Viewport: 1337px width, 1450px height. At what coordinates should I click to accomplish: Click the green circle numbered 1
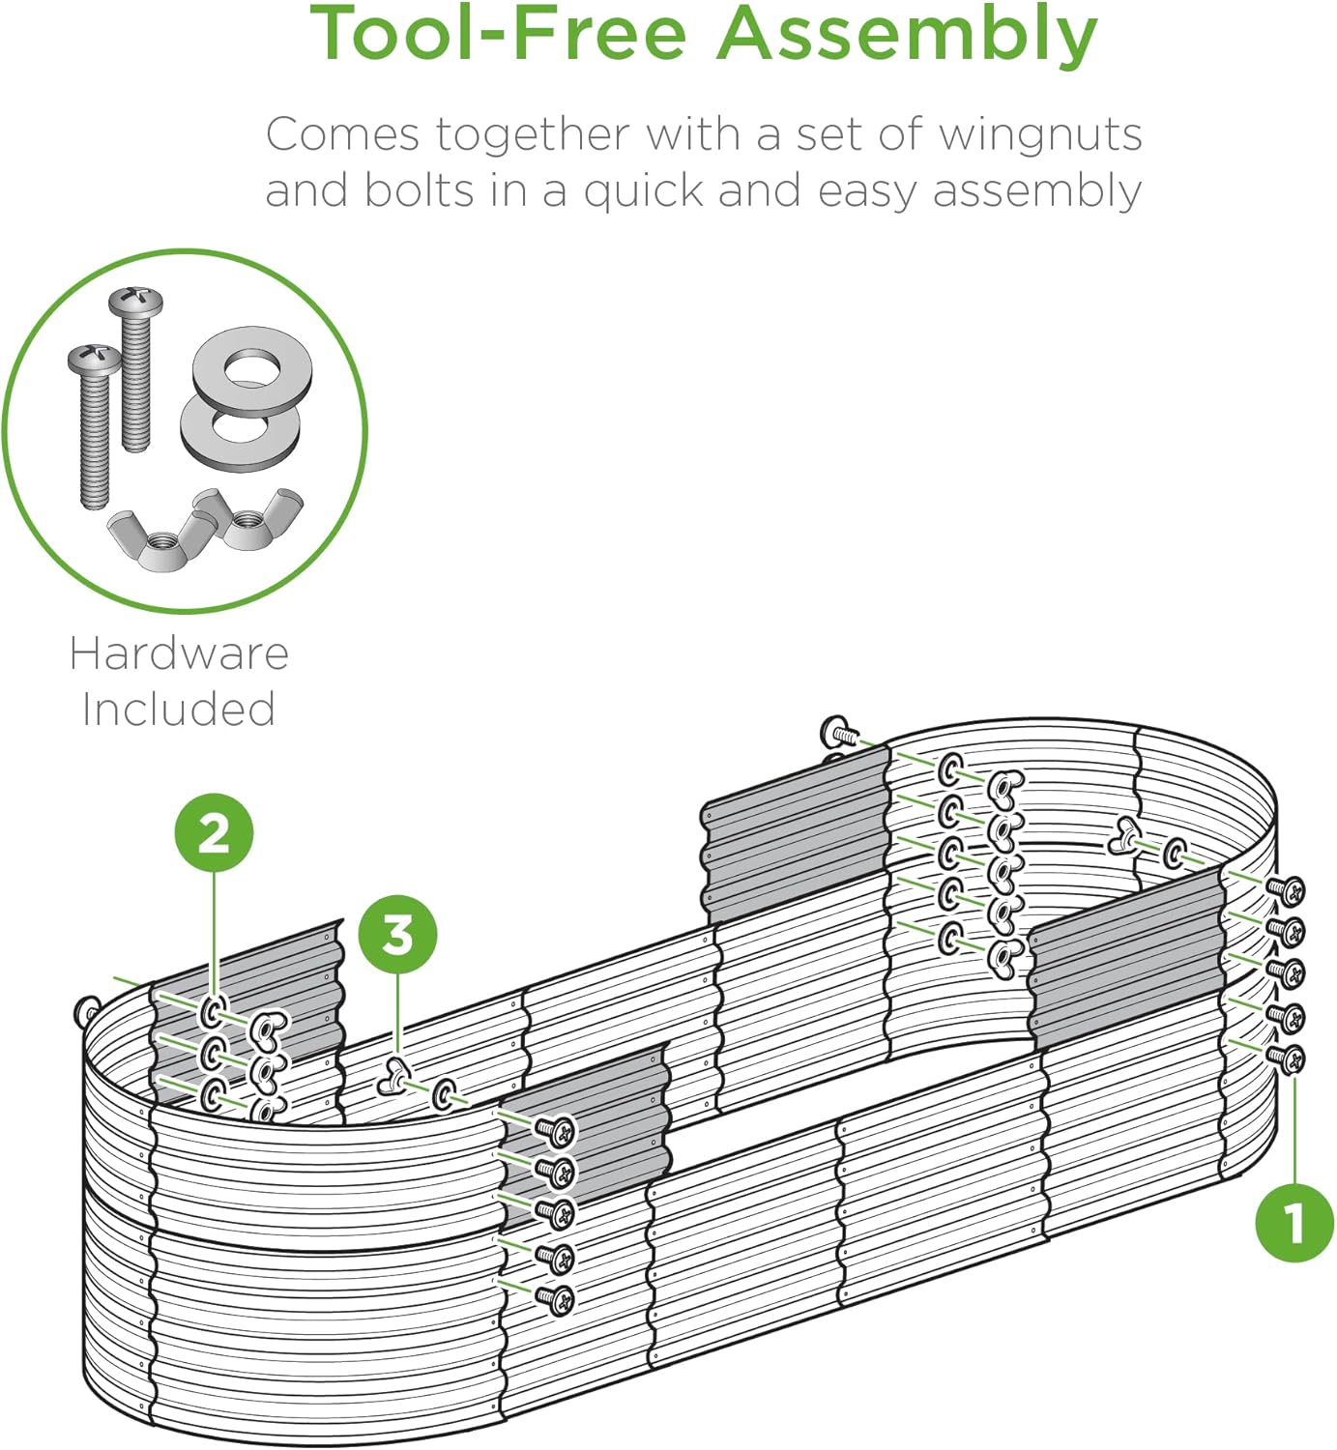(x=1294, y=1223)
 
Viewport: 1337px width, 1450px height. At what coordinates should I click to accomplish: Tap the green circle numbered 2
(x=214, y=832)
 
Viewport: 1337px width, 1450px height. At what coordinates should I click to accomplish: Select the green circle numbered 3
(x=397, y=935)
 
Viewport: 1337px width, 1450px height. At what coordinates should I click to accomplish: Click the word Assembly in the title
(x=907, y=35)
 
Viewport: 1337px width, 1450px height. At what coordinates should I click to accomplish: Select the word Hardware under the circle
(x=179, y=653)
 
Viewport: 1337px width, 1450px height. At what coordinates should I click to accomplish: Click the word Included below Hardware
(x=179, y=709)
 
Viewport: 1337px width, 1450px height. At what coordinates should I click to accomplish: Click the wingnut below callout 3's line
(x=394, y=1075)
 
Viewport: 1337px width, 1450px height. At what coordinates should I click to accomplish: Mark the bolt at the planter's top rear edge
(x=837, y=732)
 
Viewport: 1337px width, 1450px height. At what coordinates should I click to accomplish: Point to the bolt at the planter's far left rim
(x=86, y=1012)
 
